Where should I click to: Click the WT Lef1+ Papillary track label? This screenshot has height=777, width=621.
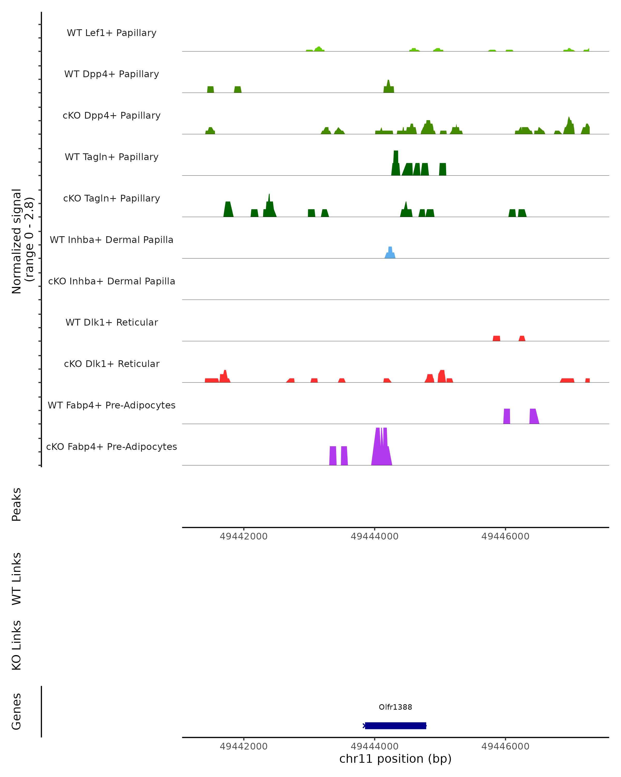coord(112,33)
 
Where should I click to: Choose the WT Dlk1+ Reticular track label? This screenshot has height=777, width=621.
coord(112,322)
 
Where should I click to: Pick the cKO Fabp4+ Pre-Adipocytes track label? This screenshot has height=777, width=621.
coord(112,447)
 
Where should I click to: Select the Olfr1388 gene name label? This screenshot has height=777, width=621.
coord(395,707)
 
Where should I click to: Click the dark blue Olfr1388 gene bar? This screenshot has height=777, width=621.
coord(395,725)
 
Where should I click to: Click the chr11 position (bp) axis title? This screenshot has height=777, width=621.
coord(395,759)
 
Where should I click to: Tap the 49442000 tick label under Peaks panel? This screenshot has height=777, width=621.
coord(244,536)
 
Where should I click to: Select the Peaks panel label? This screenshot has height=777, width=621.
coord(17,504)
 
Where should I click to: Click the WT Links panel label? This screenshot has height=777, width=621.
coord(17,578)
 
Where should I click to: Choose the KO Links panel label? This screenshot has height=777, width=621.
coord(17,645)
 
